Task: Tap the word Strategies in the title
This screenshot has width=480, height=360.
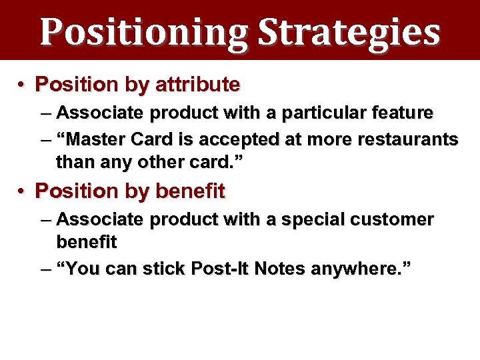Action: (x=349, y=32)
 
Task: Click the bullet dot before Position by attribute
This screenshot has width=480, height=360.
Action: (x=22, y=85)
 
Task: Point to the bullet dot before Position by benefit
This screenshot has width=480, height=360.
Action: (x=22, y=191)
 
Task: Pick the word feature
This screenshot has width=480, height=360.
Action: (x=399, y=113)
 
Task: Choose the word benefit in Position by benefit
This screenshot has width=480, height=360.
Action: (x=190, y=191)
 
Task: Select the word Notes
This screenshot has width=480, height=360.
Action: (x=283, y=269)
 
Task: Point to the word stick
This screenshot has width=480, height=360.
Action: (x=167, y=269)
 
